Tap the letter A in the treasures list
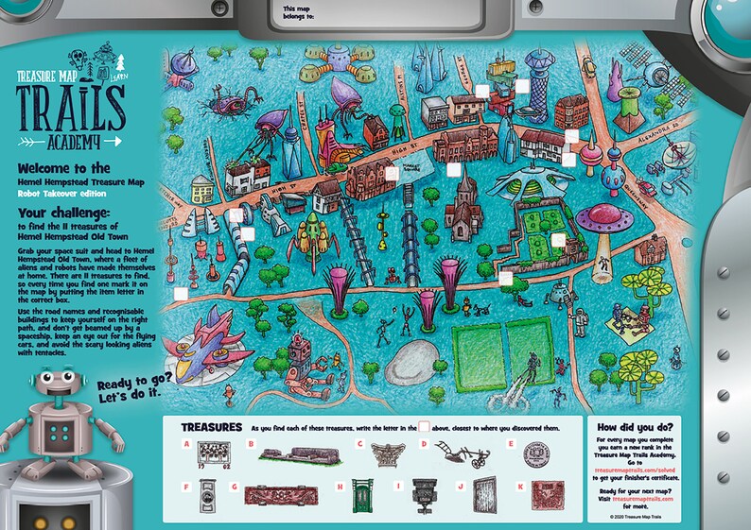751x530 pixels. [x=187, y=444]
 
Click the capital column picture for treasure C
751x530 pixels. [x=384, y=453]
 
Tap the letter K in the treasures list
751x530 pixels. [x=520, y=487]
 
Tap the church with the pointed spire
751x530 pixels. [x=465, y=210]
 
